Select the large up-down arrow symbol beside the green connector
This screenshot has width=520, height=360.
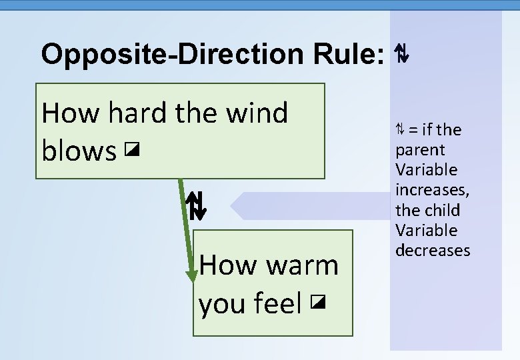(x=196, y=206)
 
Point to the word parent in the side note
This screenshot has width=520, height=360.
(x=420, y=150)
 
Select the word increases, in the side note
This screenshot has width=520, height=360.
(x=432, y=190)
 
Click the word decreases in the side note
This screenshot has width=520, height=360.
(x=433, y=250)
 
